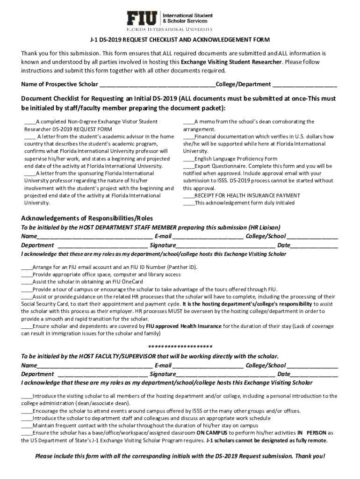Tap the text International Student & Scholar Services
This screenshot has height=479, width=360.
(187, 18)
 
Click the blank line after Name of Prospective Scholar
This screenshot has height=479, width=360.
(157, 85)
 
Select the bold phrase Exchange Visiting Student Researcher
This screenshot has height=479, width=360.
(231, 62)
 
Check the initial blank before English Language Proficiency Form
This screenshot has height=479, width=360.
(188, 159)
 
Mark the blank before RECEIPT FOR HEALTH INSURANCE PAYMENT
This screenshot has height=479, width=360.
(188, 196)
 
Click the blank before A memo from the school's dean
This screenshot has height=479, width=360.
(188, 122)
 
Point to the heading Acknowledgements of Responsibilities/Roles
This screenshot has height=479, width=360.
(87, 218)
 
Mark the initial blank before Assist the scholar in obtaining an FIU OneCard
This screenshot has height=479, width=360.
(27, 282)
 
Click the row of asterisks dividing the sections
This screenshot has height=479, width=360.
(180, 347)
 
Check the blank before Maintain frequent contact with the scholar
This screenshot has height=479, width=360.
(27, 426)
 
